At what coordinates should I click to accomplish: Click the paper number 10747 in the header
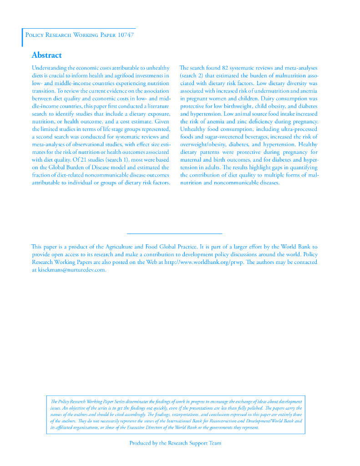pos(125,35)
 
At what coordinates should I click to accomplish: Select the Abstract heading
pos(46,56)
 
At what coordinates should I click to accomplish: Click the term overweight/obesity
pos(200,145)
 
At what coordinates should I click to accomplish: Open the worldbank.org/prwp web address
pos(204,262)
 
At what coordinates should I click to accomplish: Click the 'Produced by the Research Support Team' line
pos(175,443)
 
